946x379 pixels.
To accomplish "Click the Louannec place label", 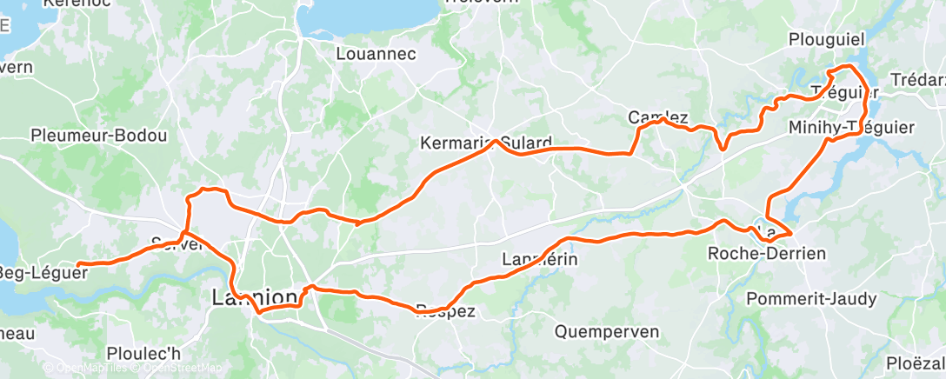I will tap(376, 54).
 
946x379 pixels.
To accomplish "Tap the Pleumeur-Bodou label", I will tap(98, 136).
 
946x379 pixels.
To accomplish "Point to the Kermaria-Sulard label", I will tap(485, 143).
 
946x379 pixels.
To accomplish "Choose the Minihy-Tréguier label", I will tap(851, 128).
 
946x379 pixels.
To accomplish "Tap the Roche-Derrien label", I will tap(766, 254).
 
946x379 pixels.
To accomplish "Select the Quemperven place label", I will tap(606, 331).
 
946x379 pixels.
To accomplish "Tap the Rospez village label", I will tap(446, 311).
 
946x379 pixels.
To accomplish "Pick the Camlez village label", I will tap(658, 117).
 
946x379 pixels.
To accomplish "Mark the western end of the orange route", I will tap(79, 264).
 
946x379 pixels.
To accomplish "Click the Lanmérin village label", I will tap(540, 259).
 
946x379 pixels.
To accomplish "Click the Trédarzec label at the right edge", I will tap(923, 92).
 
